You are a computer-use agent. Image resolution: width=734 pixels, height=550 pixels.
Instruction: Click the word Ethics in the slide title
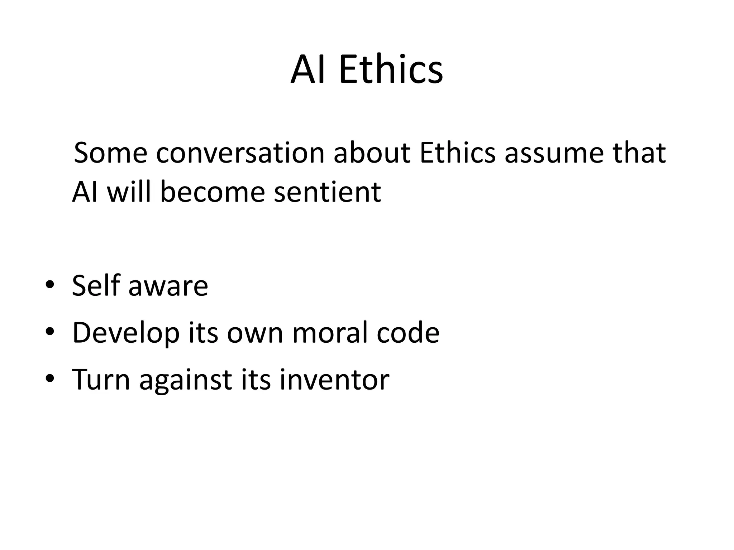[391, 70]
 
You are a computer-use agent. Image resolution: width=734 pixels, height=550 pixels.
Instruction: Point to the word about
[372, 153]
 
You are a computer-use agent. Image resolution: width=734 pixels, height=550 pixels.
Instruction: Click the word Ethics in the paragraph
[457, 153]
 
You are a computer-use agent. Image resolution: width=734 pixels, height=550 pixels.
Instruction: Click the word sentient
[327, 192]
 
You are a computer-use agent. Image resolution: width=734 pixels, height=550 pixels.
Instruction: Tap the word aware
[168, 286]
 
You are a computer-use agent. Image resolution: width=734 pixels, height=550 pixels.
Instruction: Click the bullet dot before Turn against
[50, 378]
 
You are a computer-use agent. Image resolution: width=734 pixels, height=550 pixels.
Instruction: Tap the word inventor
[334, 380]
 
